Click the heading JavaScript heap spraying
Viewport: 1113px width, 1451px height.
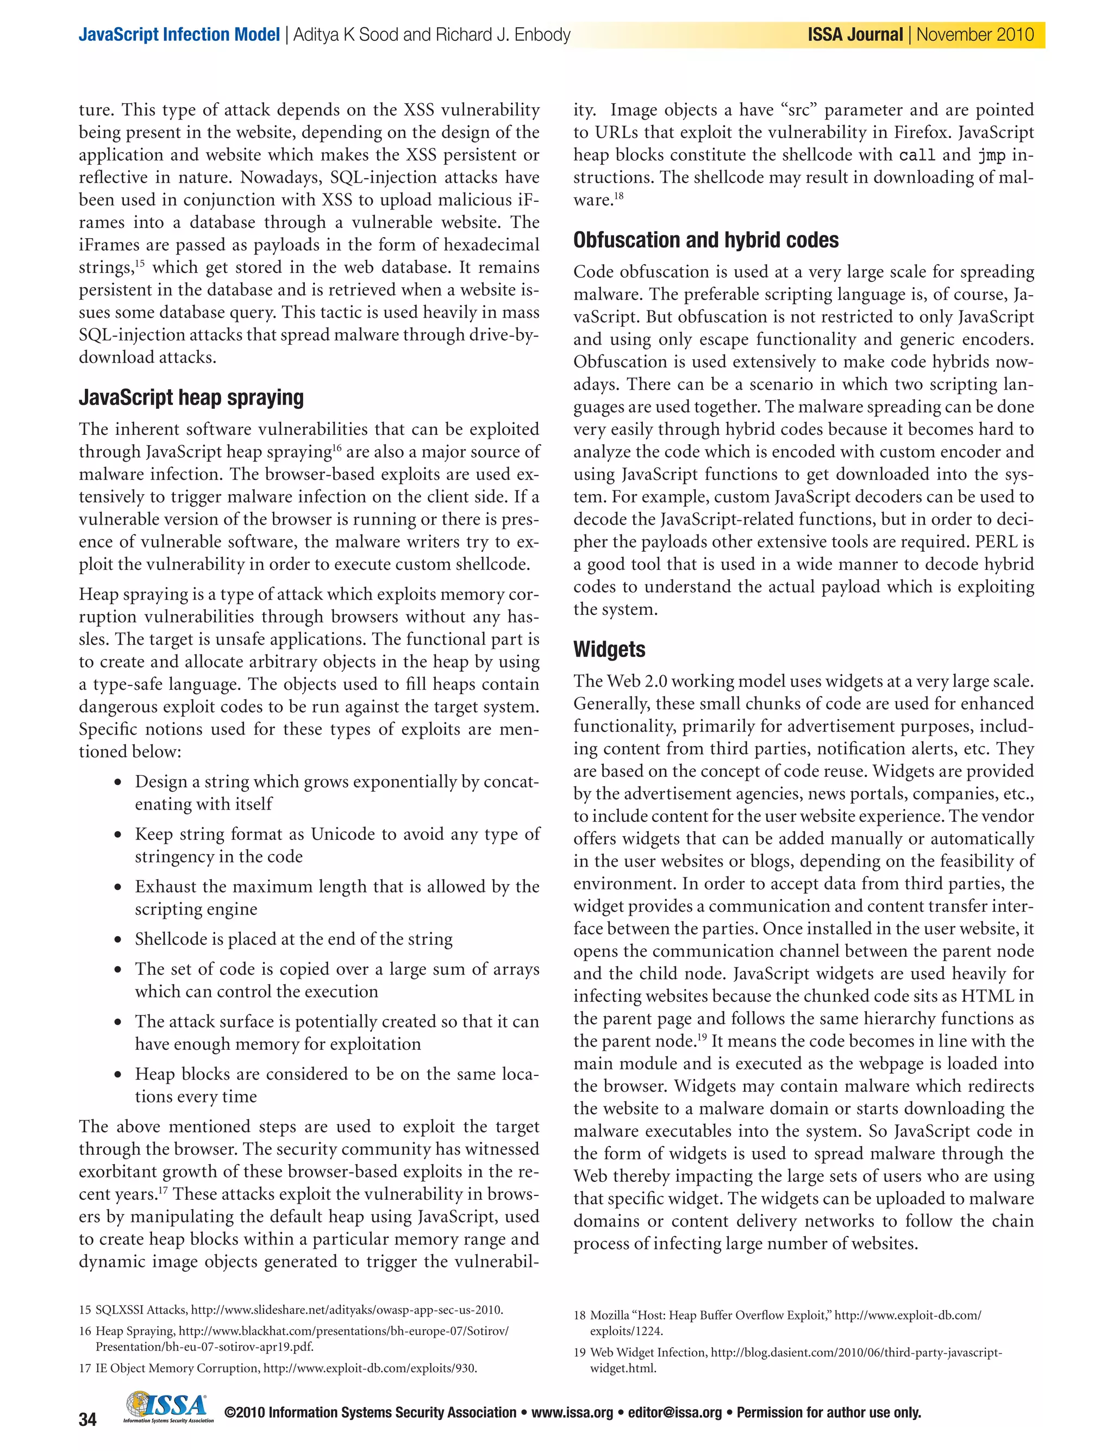(191, 397)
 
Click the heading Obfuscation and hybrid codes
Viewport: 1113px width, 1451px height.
(705, 240)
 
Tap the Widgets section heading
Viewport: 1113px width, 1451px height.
(609, 649)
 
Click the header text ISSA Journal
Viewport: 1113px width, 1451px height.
(855, 34)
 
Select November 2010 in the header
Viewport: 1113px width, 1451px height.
(974, 34)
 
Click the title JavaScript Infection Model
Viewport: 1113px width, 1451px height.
(179, 34)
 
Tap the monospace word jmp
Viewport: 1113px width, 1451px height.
(991, 155)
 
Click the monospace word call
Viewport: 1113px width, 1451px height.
(917, 155)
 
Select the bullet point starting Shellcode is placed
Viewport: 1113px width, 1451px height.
(293, 939)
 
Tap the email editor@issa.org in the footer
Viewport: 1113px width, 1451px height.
(674, 1412)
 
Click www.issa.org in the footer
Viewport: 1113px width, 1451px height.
(572, 1412)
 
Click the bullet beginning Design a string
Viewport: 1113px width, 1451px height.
(336, 793)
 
